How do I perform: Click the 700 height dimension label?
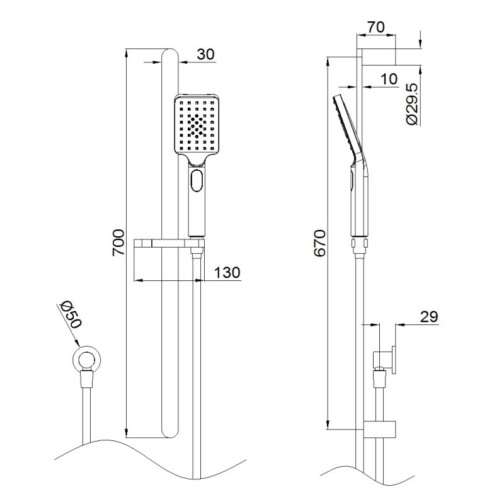[x=118, y=243]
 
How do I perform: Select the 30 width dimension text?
[x=205, y=54]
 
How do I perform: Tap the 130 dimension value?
[x=227, y=273]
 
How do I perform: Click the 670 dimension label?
[x=320, y=243]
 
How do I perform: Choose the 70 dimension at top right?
[x=375, y=27]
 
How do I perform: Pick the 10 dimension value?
[x=389, y=79]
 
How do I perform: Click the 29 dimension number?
[x=429, y=317]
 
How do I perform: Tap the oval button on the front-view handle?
[x=197, y=181]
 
